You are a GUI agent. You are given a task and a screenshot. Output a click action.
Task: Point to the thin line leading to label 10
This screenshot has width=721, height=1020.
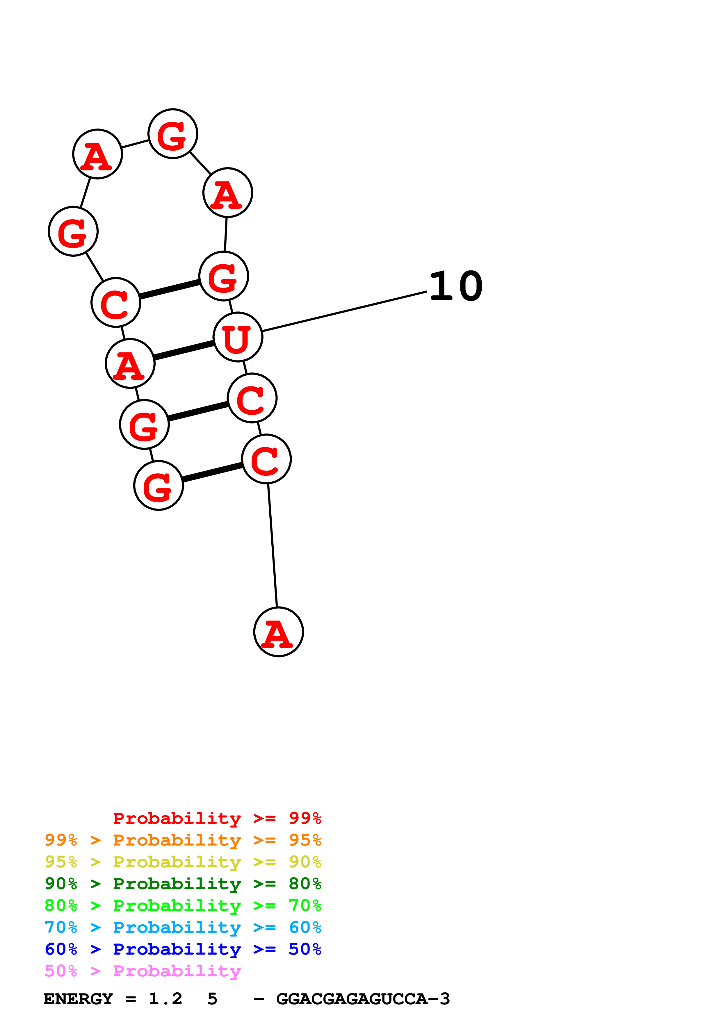click(x=344, y=311)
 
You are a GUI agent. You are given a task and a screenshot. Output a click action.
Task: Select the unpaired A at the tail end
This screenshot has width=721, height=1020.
click(x=279, y=632)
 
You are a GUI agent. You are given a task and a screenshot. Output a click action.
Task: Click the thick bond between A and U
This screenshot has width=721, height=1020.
click(x=184, y=350)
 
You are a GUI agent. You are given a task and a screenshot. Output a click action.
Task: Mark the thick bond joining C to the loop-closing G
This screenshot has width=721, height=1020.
click(x=169, y=289)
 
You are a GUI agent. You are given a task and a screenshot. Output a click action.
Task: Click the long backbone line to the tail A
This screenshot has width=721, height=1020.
click(x=272, y=545)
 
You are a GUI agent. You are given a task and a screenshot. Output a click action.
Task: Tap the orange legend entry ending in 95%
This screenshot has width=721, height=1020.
click(x=183, y=840)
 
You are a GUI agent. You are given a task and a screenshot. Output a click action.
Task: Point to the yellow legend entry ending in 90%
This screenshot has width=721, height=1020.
click(x=183, y=862)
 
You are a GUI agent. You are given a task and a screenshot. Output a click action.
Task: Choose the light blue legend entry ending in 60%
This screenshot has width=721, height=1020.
click(x=183, y=927)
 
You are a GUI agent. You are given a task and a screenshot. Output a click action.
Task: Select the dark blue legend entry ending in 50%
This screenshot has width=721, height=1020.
click(x=183, y=949)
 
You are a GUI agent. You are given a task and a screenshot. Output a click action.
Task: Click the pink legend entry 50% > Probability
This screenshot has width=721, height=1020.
click(x=143, y=971)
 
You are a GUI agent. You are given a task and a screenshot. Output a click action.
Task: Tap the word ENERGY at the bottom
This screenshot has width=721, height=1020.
click(x=78, y=999)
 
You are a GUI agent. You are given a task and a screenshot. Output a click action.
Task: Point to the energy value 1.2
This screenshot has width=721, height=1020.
click(x=165, y=999)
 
